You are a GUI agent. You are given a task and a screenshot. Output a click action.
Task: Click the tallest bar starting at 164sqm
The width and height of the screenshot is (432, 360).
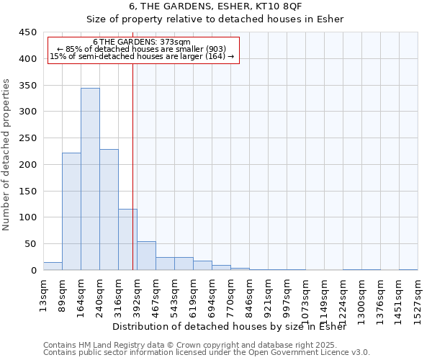point(90,179)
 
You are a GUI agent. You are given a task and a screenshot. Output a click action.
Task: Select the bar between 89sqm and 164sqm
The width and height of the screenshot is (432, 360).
point(71,212)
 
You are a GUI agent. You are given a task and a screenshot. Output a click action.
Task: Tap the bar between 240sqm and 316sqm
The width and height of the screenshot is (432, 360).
point(109,210)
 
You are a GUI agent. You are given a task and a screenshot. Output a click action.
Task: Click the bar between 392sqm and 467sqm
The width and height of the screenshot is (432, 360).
point(146,256)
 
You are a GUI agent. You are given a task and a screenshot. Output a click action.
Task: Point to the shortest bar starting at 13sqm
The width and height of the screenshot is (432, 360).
point(53,266)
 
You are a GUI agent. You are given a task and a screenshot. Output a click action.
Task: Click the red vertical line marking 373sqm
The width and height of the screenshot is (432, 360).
point(133,166)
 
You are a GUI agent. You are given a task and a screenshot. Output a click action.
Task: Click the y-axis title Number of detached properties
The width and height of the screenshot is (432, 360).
point(6,155)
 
